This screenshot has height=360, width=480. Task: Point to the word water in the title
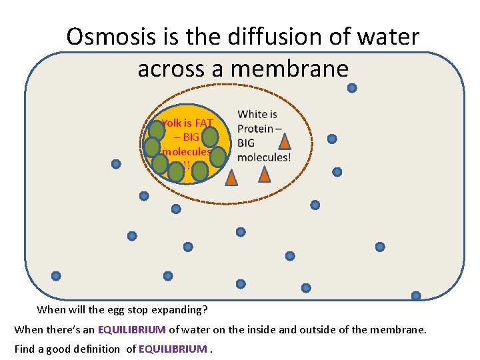[386, 37]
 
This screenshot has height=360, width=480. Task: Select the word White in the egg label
[257, 115]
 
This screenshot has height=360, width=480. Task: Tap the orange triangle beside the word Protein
[285, 141]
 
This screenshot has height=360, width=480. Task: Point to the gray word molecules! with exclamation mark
[264, 157]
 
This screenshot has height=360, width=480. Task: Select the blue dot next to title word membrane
[352, 88]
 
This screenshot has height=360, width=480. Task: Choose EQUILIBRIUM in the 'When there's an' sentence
[131, 329]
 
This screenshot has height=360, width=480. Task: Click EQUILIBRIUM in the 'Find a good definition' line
[173, 349]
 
